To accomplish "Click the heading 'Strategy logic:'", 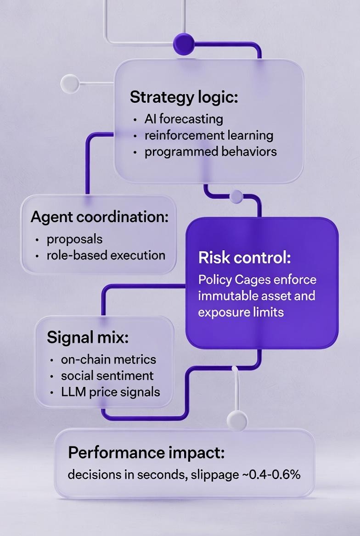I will point(184,97).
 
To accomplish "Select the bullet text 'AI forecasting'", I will point(184,119).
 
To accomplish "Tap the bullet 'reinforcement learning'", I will point(209,135).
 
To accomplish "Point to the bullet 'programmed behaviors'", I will point(211,151).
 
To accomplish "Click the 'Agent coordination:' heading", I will point(100,217).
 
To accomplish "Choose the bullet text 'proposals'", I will point(74,239).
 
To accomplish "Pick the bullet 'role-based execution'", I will point(106,255).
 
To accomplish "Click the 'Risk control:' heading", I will point(245,258).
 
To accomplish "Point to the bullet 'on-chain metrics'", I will point(108,359).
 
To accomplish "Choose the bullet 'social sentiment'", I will point(107,375).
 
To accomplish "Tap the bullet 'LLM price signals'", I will point(111,391).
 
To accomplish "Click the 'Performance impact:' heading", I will point(146,453).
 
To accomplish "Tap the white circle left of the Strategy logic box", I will point(70,83).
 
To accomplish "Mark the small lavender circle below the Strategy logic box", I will point(236,196).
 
